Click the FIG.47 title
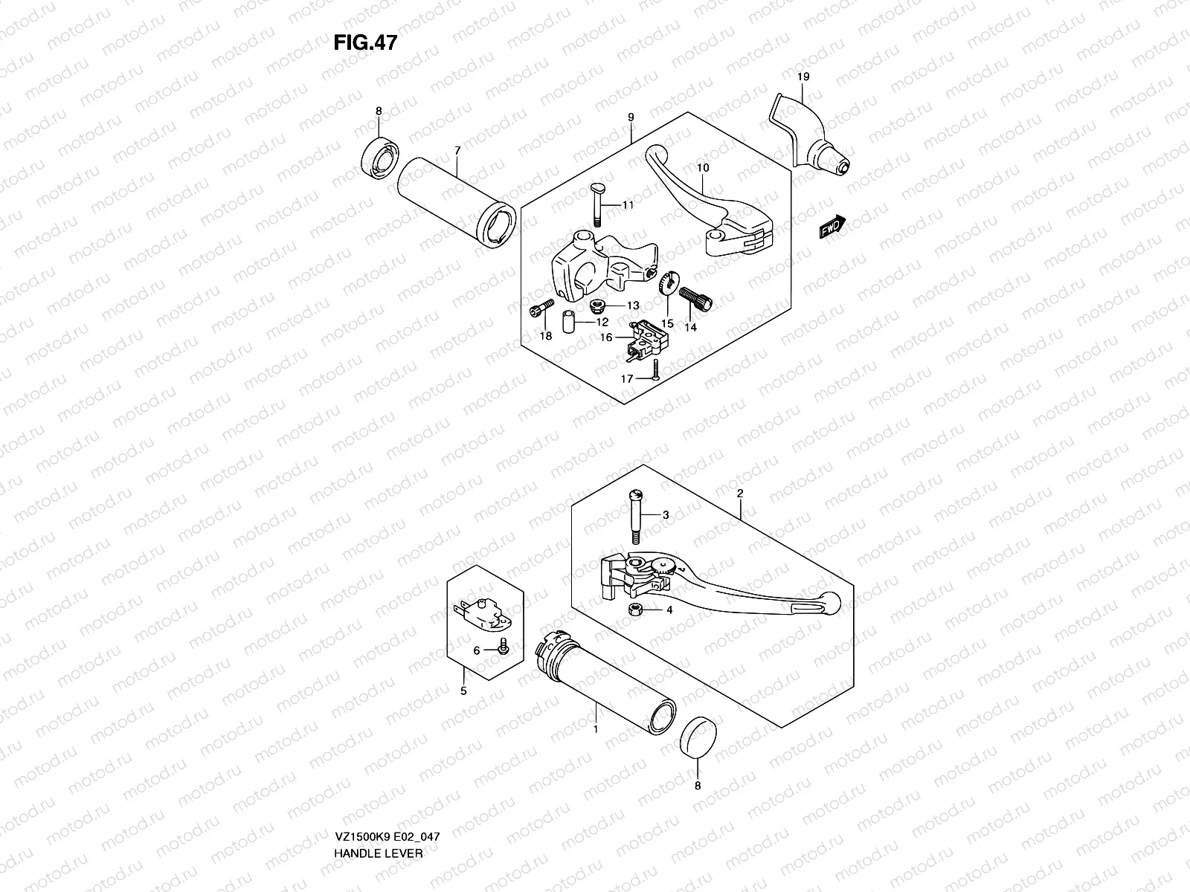365,42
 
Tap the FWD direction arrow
833,226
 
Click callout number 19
803,77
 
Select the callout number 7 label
457,151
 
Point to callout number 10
703,168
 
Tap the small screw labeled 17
654,369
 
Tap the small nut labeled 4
636,610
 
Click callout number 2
741,494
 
